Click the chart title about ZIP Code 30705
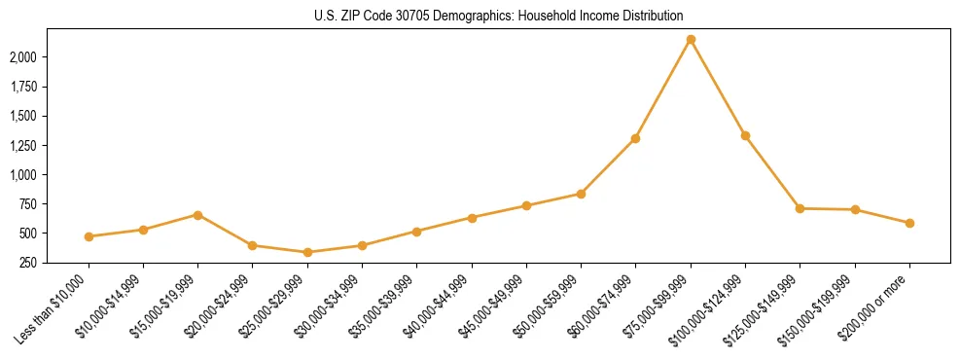480,17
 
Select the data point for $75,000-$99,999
691,40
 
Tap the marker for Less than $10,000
89,236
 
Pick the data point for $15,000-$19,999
197,215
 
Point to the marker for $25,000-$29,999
307,253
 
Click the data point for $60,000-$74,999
635,138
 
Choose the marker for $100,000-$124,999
745,135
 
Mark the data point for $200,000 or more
909,223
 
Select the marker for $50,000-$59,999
581,194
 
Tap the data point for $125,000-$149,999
800,208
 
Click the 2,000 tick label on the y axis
22,57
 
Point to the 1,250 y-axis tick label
22,146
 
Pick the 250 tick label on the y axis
28,263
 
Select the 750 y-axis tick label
28,204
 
